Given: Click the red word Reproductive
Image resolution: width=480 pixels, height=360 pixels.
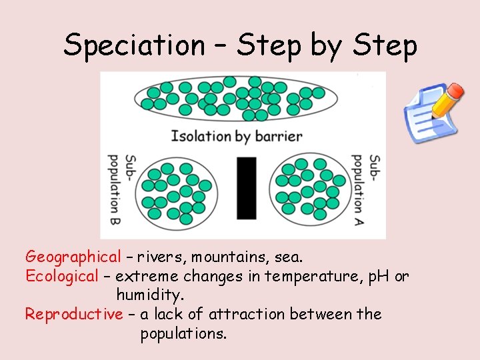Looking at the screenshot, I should pos(73,314).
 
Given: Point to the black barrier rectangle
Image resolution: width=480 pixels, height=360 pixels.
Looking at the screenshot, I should pos(246,188).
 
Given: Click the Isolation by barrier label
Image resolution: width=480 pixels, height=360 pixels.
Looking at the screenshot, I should pos(237,137).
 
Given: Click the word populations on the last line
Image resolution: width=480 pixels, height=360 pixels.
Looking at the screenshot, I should pos(183,333).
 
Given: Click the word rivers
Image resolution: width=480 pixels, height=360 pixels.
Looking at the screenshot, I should pos(159,257).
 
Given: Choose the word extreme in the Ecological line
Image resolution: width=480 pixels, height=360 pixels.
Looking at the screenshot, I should pos(147,276).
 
